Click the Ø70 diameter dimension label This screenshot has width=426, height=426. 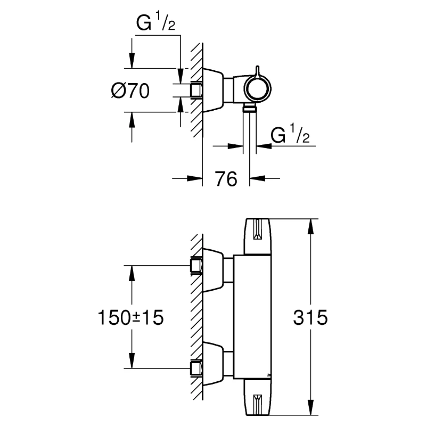coord(129,91)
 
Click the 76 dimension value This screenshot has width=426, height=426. coord(226,179)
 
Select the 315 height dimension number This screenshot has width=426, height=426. coord(310,318)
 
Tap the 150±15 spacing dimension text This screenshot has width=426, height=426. coord(129,318)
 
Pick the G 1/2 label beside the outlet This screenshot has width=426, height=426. coord(290,136)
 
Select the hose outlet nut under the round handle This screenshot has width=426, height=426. coord(250,109)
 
